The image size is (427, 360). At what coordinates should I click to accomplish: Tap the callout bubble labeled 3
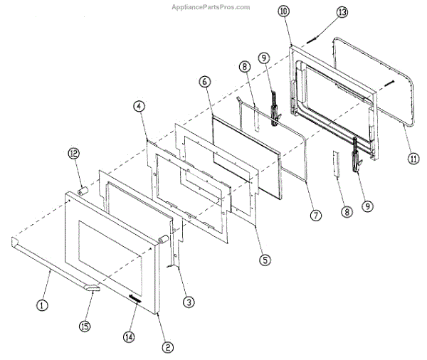pos(188,302)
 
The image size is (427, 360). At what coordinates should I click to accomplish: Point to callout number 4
pos(139,107)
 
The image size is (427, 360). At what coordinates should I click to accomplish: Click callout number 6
pos(204,83)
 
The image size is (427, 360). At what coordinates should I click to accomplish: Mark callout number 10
pos(284,13)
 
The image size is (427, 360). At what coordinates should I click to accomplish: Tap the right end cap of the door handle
pos(93,287)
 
